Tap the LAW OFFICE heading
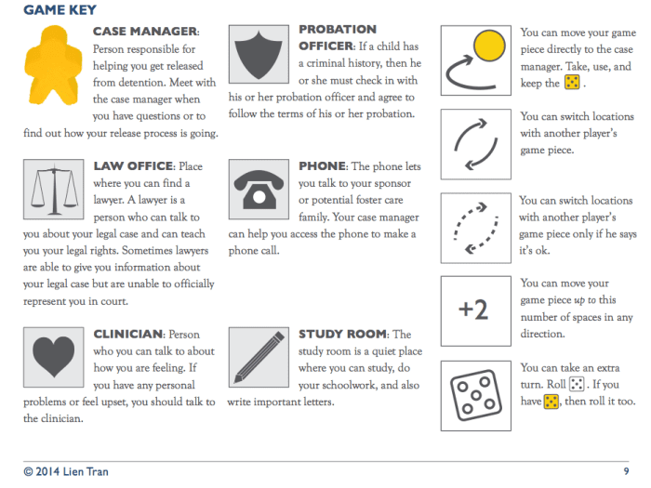pos(133,166)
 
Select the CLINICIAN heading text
pos(128,334)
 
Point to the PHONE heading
pos(322,166)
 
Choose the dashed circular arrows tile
pos(473,225)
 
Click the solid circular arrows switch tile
pos(473,141)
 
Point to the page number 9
pos(626,471)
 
